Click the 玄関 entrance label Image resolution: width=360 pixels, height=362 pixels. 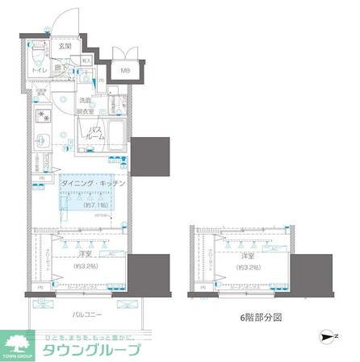[x=65, y=46]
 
